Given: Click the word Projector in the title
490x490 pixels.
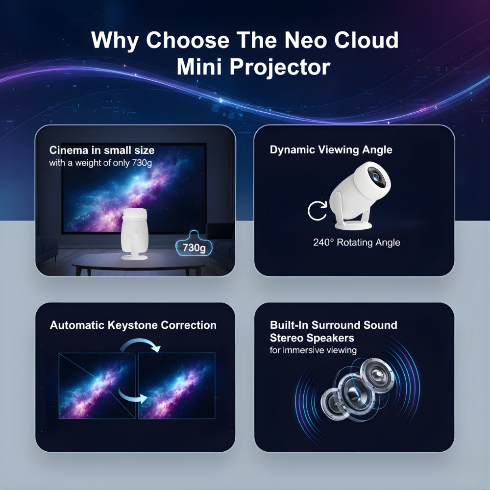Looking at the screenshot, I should point(280,67).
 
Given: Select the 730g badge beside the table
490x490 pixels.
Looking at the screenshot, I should point(194,247).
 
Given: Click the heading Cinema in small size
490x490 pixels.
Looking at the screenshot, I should point(102,150).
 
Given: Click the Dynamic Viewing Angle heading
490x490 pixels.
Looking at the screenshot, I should point(331,150).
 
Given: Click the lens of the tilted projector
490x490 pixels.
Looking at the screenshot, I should point(378,176).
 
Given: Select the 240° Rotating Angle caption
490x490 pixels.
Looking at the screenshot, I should point(357,242).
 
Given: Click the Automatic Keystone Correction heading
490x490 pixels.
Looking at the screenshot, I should point(133,325).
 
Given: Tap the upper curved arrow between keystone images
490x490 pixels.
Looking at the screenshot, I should point(141,346).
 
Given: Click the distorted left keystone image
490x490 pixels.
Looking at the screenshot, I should point(97,386).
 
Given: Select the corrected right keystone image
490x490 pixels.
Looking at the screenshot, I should point(176,386).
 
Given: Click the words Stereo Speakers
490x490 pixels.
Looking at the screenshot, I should point(312,338).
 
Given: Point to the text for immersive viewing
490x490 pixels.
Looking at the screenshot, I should point(313,350).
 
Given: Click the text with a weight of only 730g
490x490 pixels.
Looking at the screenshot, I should point(100,163).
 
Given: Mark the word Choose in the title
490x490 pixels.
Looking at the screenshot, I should point(189,40).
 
